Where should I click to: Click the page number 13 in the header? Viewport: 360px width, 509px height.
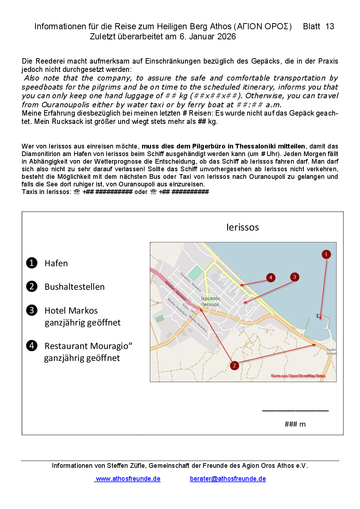pos(330,26)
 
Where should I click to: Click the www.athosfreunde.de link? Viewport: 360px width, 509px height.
pos(128,479)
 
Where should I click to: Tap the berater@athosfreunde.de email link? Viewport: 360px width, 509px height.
pos(228,479)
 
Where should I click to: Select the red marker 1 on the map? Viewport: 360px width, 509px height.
pos(326,254)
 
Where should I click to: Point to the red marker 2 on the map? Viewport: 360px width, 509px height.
pos(234,366)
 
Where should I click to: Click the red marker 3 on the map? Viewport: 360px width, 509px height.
pos(295,277)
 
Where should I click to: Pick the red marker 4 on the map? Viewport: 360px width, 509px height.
pos(271,277)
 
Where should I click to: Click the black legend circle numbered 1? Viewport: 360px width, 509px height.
pos(32,263)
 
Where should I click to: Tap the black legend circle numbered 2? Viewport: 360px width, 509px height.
pos(32,286)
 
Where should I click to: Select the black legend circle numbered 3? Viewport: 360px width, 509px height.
pos(32,310)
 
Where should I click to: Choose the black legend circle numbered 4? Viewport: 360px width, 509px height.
pos(32,346)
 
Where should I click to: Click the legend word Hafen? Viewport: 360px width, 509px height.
pos(56,263)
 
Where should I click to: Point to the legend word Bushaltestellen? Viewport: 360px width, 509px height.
pos(74,287)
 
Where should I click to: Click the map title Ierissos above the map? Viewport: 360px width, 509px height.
pos(243,227)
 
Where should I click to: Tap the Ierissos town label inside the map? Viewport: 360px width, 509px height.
pos(211,305)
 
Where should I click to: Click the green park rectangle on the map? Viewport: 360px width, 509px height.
pos(196,273)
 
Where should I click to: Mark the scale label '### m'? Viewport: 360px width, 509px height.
pos(295,424)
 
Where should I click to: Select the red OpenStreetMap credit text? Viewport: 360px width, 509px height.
pos(298,376)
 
